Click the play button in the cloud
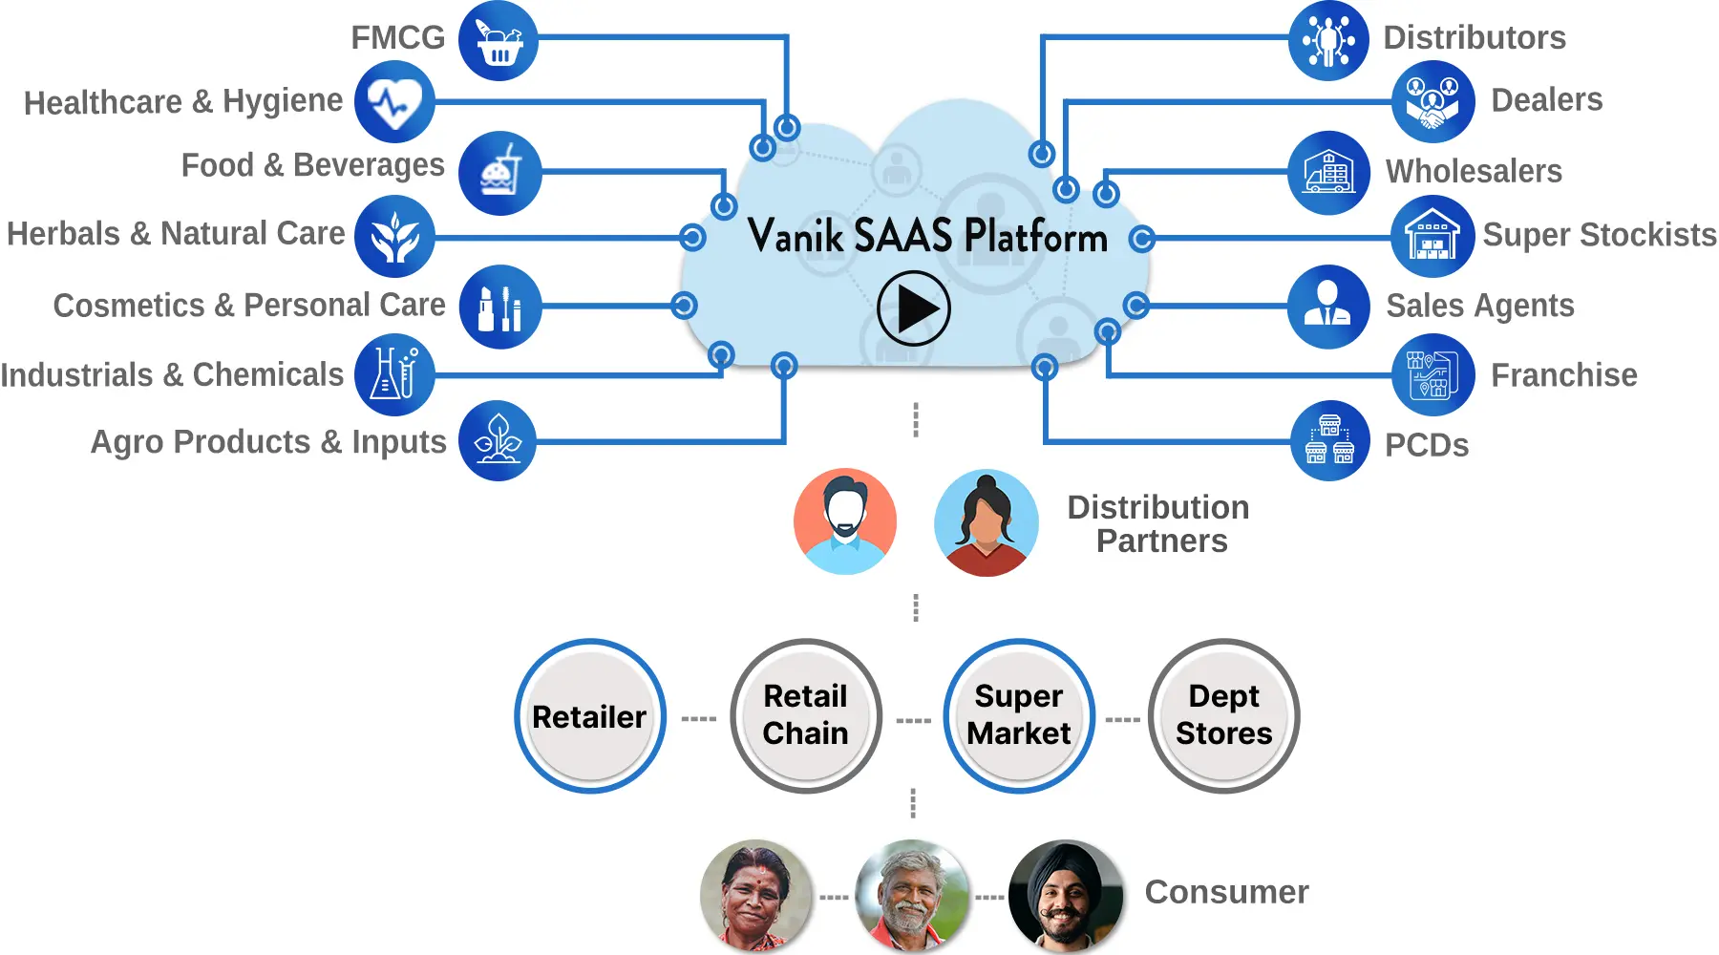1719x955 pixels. point(913,308)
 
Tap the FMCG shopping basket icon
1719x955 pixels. point(499,41)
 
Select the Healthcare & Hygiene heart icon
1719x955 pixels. point(394,102)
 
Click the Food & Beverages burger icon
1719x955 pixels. point(499,173)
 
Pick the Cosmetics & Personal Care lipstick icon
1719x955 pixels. point(499,307)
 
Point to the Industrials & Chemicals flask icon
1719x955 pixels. point(394,374)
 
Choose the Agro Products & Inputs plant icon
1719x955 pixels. point(498,440)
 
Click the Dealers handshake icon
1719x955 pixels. point(1432,101)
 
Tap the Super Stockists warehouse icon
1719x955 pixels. point(1432,236)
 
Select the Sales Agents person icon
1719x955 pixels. point(1328,306)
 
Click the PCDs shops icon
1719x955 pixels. point(1329,440)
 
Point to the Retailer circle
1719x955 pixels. point(589,716)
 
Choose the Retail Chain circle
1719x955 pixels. point(805,716)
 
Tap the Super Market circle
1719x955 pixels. point(1018,716)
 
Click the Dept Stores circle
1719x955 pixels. point(1223,716)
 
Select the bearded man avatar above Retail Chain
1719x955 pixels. point(844,521)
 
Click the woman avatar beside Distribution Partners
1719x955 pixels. point(986,522)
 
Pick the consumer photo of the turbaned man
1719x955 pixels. point(1066,895)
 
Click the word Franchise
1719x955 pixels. point(1563,375)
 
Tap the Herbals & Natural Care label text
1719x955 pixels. point(176,234)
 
